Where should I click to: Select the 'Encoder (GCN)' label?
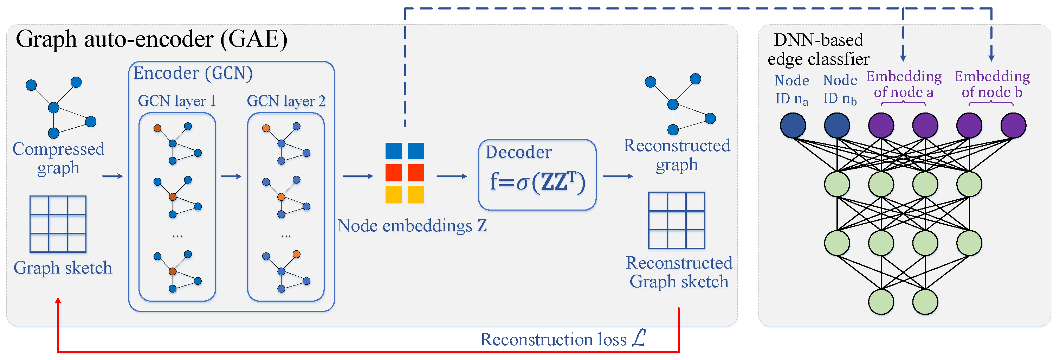[193, 73]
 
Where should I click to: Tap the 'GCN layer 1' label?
[177, 101]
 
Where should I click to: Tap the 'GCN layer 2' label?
[286, 101]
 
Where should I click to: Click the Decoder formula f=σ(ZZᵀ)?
[537, 181]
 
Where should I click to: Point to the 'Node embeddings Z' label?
[412, 226]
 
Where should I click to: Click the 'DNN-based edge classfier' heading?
[819, 49]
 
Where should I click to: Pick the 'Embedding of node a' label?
[904, 84]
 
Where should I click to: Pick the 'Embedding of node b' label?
[992, 84]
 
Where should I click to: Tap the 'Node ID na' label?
[792, 90]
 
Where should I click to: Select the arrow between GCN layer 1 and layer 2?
[231, 176]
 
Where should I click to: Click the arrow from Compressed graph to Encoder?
[112, 176]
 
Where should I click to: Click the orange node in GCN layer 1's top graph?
[157, 128]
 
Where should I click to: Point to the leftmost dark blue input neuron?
[793, 126]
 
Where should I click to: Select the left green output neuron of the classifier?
[881, 302]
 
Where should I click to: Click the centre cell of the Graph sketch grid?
[58, 224]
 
